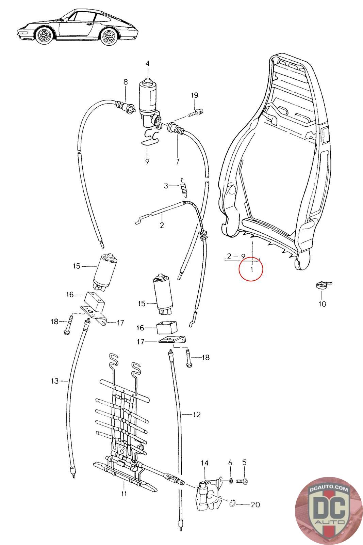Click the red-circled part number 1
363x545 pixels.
[251, 269]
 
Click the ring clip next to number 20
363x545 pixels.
[233, 503]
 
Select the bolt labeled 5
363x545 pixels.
[243, 481]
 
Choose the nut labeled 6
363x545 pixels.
[230, 481]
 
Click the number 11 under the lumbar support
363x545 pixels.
[124, 493]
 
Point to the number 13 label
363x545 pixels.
[55, 381]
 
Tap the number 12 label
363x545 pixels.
[196, 415]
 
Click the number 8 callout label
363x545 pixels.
[125, 82]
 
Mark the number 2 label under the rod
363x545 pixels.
[162, 225]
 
